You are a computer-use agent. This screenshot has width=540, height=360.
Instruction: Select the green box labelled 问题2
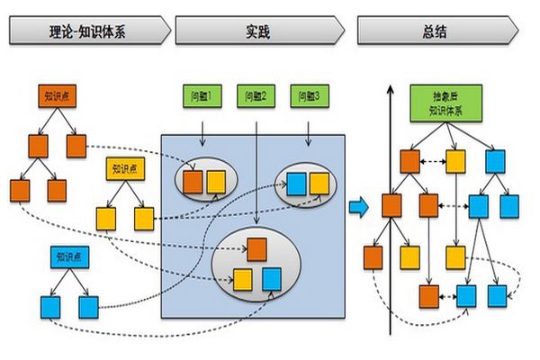[x=256, y=94]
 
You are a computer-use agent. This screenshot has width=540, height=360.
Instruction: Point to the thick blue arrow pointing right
[x=358, y=206]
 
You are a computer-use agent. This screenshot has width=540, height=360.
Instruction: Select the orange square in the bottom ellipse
[x=258, y=247]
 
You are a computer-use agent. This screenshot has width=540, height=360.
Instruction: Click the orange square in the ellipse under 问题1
[x=193, y=182]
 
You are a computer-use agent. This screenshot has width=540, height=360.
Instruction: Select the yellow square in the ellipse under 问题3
[x=319, y=183]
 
